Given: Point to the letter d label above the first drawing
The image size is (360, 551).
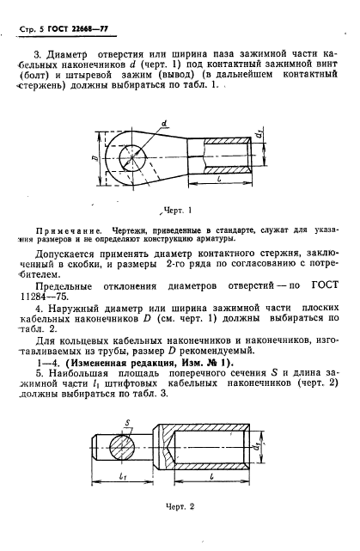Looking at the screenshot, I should [x=163, y=121].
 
